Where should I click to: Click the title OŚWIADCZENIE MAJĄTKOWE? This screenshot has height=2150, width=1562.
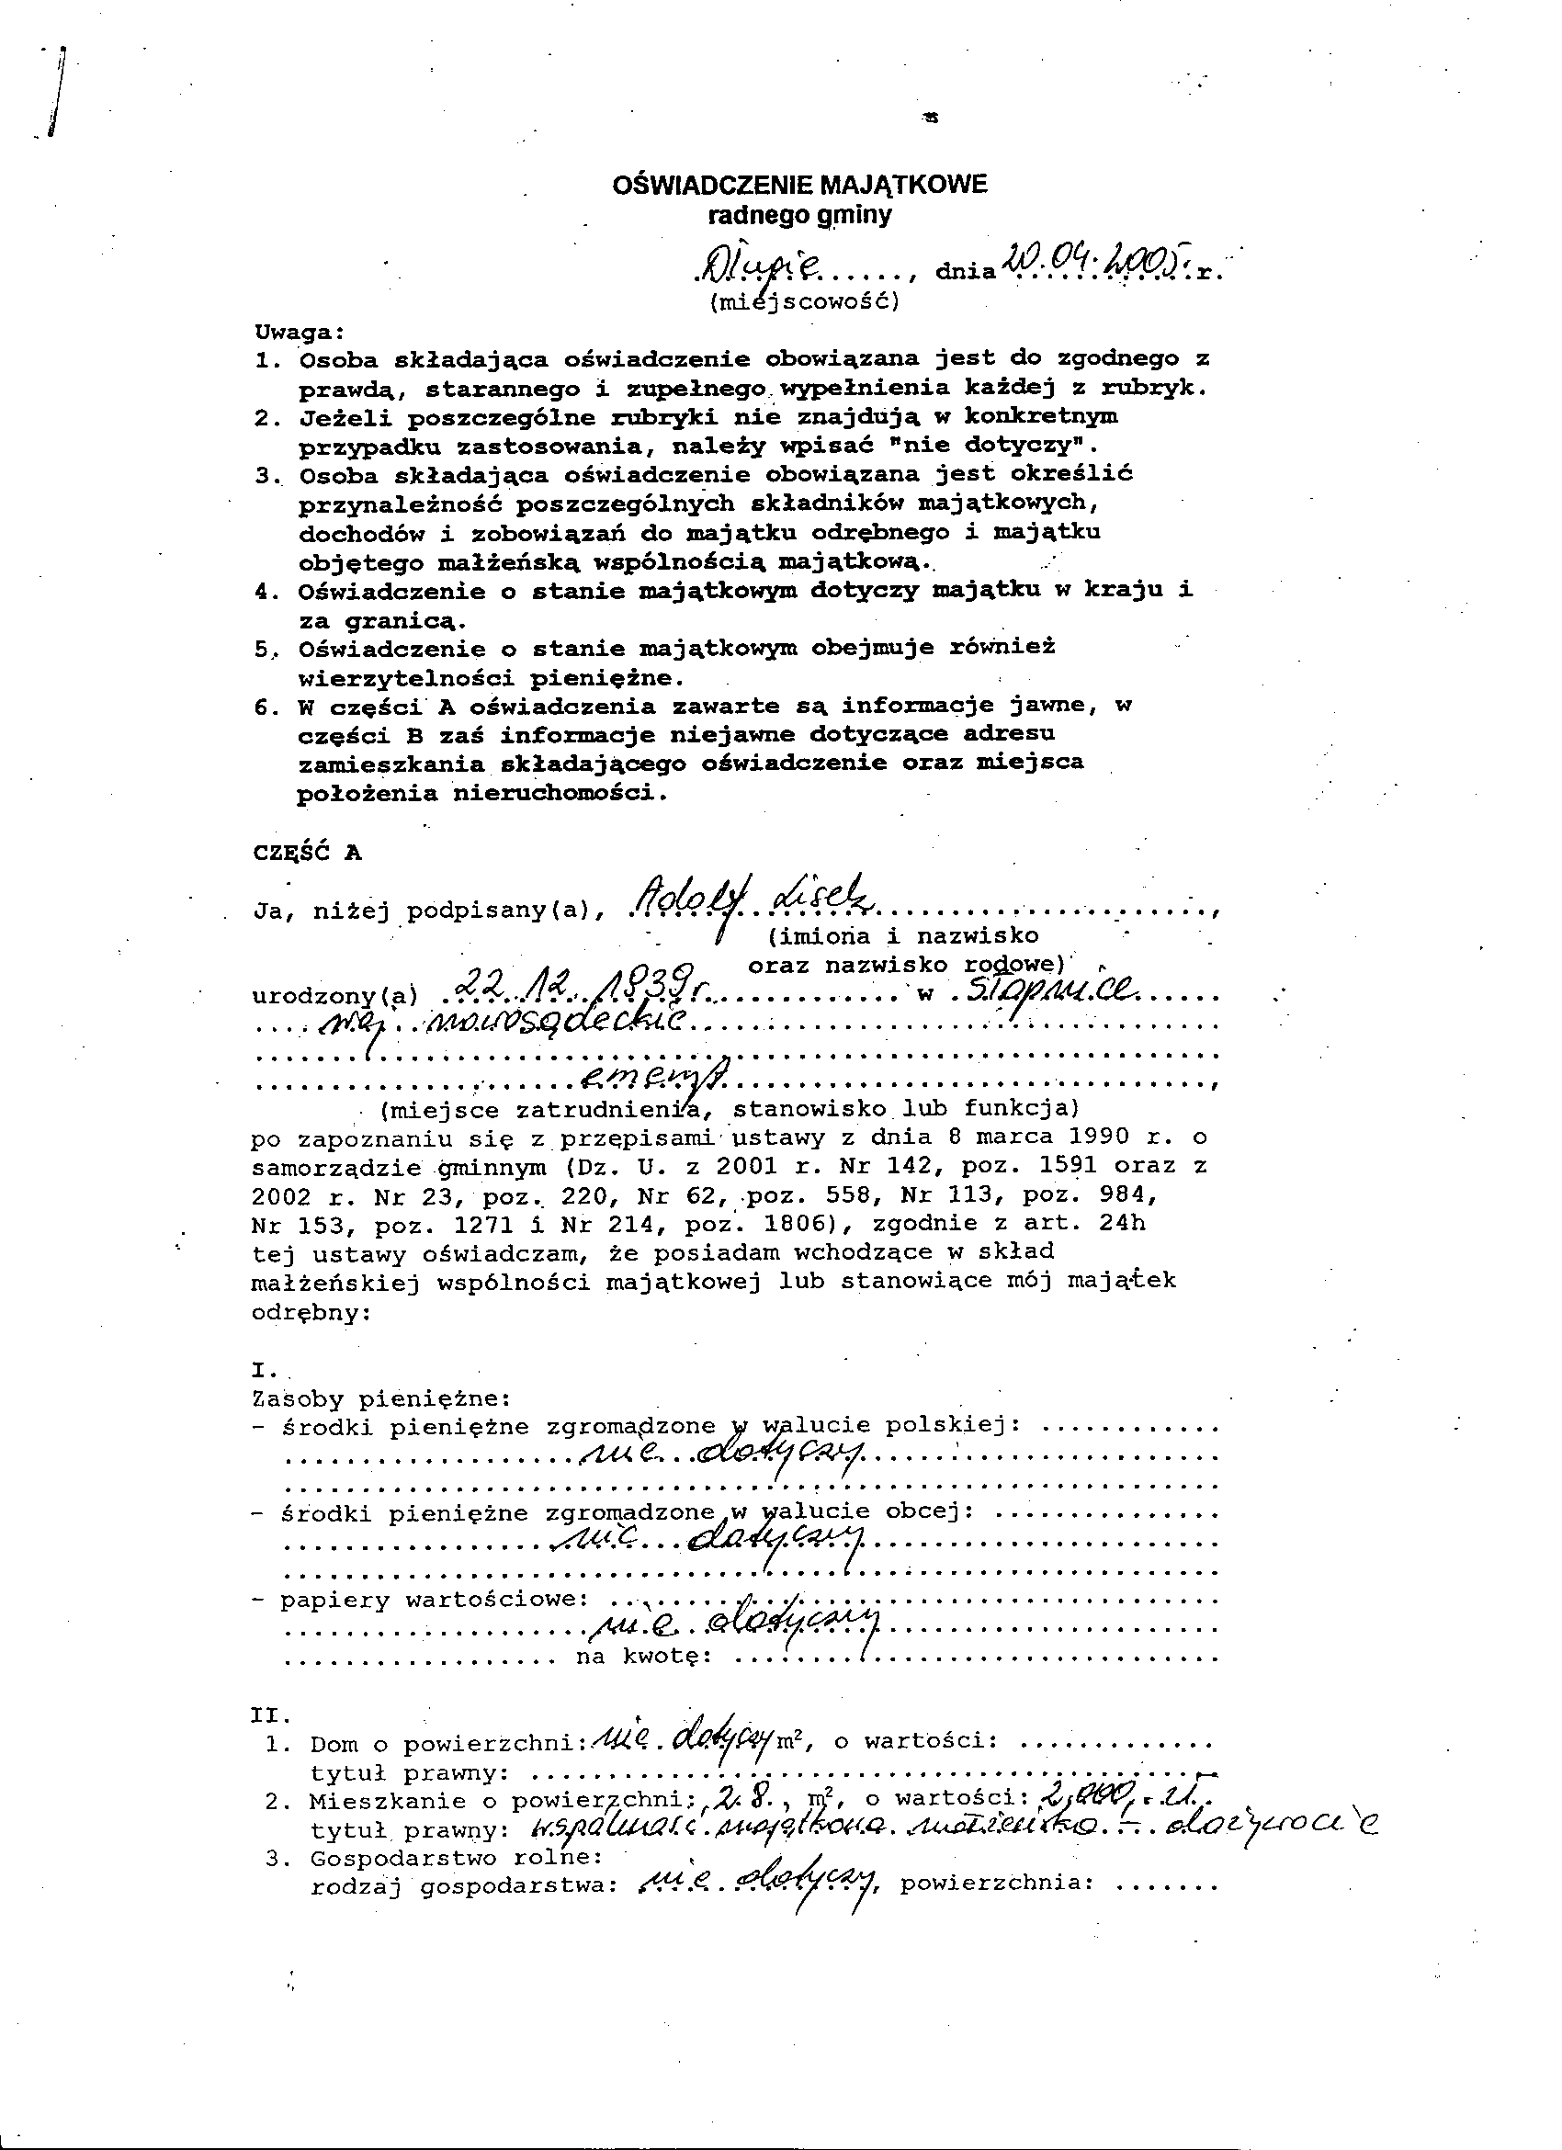click(799, 184)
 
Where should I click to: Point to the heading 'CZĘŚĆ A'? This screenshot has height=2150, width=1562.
click(307, 852)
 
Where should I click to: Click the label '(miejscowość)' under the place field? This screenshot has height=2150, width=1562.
click(803, 302)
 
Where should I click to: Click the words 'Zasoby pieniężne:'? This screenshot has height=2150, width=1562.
click(381, 1398)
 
